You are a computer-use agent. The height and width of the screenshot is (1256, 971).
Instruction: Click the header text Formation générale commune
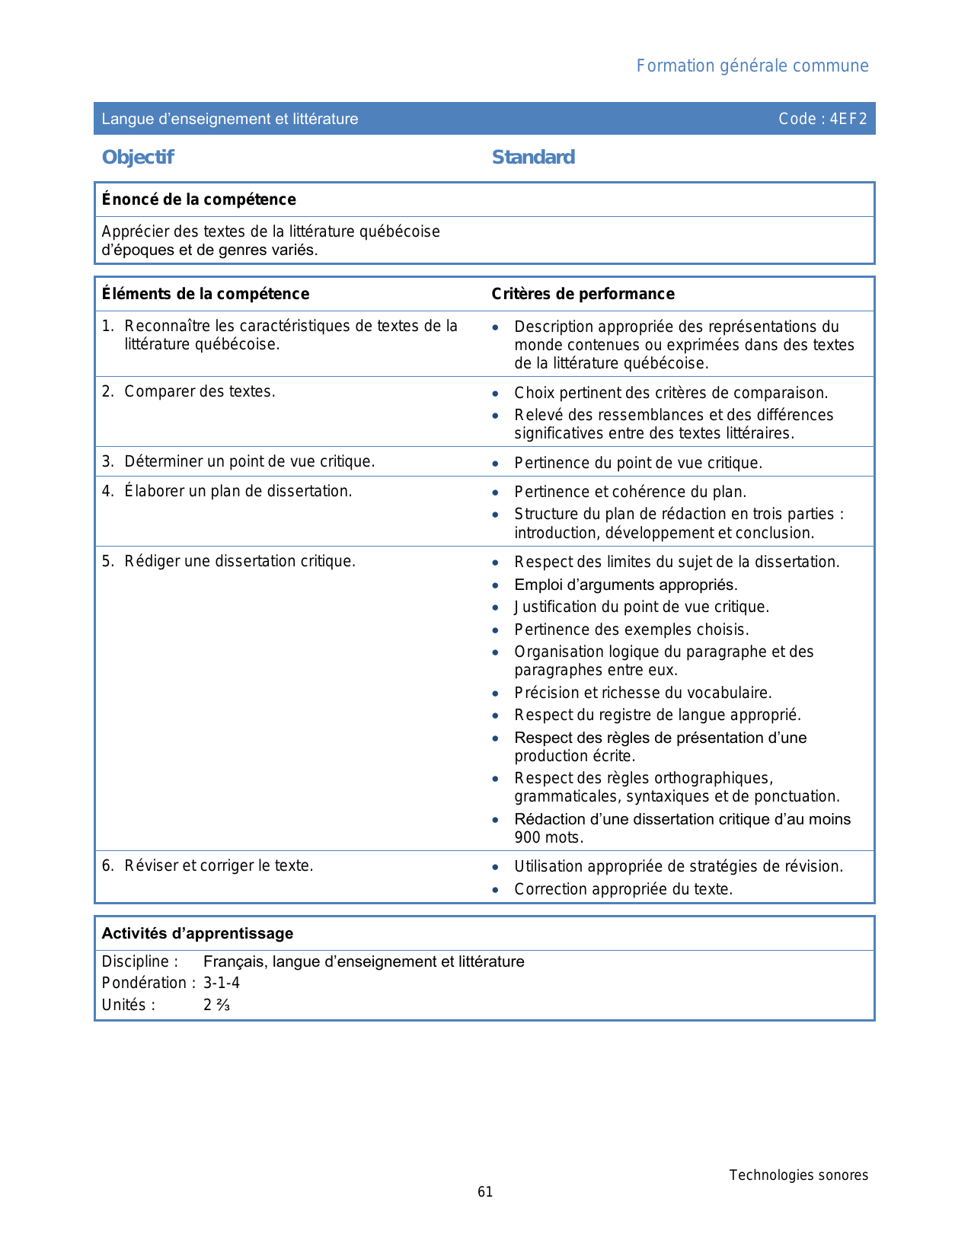click(752, 66)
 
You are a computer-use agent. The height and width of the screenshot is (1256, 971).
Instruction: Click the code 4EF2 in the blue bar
click(822, 119)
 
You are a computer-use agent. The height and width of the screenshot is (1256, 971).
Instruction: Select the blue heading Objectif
click(138, 158)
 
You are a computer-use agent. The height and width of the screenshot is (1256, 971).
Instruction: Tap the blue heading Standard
click(533, 158)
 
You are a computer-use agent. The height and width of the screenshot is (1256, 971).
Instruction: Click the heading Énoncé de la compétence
click(199, 199)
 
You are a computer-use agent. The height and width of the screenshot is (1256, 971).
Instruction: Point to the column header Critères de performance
click(583, 294)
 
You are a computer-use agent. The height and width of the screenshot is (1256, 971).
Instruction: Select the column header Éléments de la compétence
click(206, 294)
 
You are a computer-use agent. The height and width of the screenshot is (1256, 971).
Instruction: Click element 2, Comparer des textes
click(200, 392)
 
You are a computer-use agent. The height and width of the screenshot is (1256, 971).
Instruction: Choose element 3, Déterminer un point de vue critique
click(249, 462)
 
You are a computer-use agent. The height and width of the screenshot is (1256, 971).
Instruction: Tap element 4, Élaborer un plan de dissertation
click(238, 491)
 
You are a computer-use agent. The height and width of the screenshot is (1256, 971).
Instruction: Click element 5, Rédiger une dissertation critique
click(240, 562)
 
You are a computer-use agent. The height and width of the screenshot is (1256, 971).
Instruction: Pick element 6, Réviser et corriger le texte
click(219, 866)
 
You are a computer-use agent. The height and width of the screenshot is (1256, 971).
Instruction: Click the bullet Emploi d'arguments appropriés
click(625, 585)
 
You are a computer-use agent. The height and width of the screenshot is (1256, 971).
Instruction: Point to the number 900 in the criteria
click(527, 838)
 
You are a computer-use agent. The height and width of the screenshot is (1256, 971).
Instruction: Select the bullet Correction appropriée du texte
click(623, 889)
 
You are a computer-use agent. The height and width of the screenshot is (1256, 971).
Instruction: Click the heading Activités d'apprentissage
click(197, 933)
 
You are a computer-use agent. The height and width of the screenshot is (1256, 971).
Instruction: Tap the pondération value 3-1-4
click(222, 983)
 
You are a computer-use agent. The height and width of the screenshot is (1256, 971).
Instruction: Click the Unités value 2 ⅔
click(216, 1005)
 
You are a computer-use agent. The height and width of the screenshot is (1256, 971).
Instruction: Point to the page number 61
click(485, 1192)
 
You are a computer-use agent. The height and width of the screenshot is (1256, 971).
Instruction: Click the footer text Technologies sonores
click(798, 1175)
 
